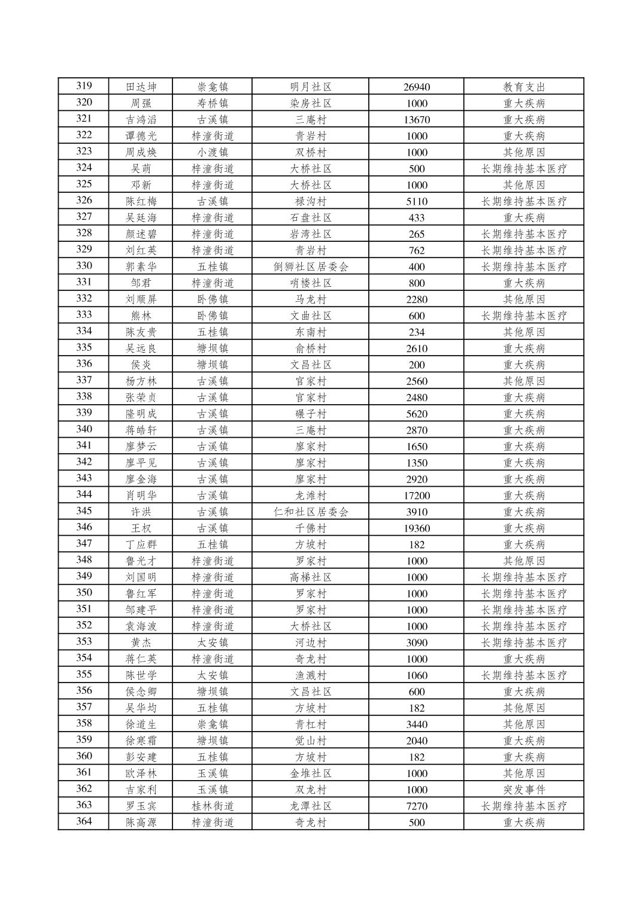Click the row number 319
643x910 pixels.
point(84,86)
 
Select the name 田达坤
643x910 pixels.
point(141,87)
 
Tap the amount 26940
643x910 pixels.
point(416,87)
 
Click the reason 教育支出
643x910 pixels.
point(524,87)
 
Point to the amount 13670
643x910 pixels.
point(416,120)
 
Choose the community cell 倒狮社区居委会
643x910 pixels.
point(310,267)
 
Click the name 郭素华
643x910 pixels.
point(141,267)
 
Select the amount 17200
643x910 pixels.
point(416,496)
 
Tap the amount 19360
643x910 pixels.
point(416,529)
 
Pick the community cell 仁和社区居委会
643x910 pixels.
point(310,512)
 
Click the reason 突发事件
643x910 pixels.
point(524,790)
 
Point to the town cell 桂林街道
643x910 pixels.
point(213,806)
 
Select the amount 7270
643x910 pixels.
point(416,806)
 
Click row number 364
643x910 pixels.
point(84,821)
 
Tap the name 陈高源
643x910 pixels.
point(141,823)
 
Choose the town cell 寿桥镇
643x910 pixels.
point(213,103)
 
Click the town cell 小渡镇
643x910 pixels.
point(213,152)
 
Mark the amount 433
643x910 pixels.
point(416,218)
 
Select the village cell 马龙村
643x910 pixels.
point(310,299)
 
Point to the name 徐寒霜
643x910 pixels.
point(141,741)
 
